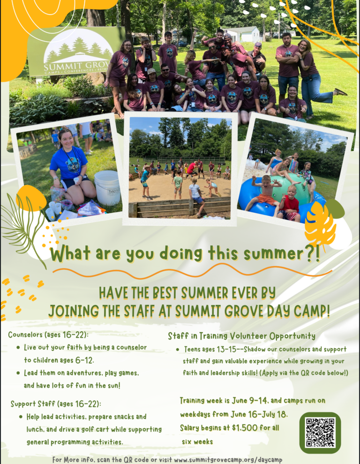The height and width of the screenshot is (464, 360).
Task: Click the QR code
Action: pyautogui.click(x=320, y=432)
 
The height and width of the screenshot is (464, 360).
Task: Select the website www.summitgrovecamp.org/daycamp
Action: pyautogui.click(x=228, y=459)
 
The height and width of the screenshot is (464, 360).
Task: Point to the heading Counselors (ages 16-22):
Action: pyautogui.click(x=48, y=335)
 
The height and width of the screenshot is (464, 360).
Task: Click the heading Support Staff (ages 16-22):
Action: pyautogui.click(x=56, y=403)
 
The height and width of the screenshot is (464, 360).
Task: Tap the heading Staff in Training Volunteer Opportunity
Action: pyautogui.click(x=241, y=336)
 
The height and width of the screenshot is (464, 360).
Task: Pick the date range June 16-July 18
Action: pyautogui.click(x=260, y=415)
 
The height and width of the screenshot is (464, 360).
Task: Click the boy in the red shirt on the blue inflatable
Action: pyautogui.click(x=290, y=206)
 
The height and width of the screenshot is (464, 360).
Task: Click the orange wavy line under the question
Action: pyautogui.click(x=192, y=273)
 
